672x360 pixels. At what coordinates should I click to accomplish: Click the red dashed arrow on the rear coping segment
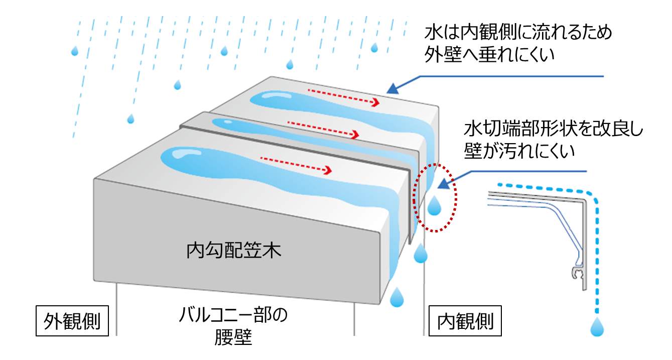[x=343, y=97]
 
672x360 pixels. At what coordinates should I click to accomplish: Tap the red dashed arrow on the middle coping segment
[x=324, y=130]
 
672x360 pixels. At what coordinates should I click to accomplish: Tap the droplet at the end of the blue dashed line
[x=597, y=326]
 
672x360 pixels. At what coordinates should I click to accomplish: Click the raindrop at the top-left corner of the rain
[x=75, y=51]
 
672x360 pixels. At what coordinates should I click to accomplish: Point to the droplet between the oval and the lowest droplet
[x=420, y=254]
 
